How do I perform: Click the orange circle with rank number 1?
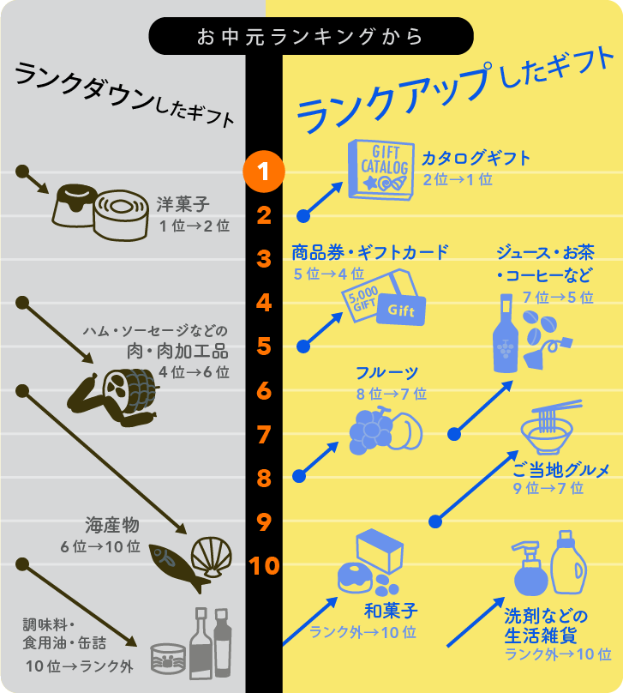(264, 172)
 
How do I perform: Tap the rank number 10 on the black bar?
(264, 565)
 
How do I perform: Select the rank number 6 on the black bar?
(264, 391)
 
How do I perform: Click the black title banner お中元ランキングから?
(311, 36)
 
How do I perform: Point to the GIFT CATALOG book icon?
(381, 170)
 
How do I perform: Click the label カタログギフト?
(476, 158)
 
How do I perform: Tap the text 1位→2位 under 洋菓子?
(195, 226)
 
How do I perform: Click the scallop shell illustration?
(212, 557)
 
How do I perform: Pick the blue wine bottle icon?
(506, 334)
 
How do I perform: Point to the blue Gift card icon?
(401, 310)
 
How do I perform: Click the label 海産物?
(112, 525)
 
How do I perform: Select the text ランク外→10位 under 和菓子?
(362, 632)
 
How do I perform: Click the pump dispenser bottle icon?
(530, 569)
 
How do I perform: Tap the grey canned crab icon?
(168, 659)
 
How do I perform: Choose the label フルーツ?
(386, 372)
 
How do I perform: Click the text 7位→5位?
(558, 298)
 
